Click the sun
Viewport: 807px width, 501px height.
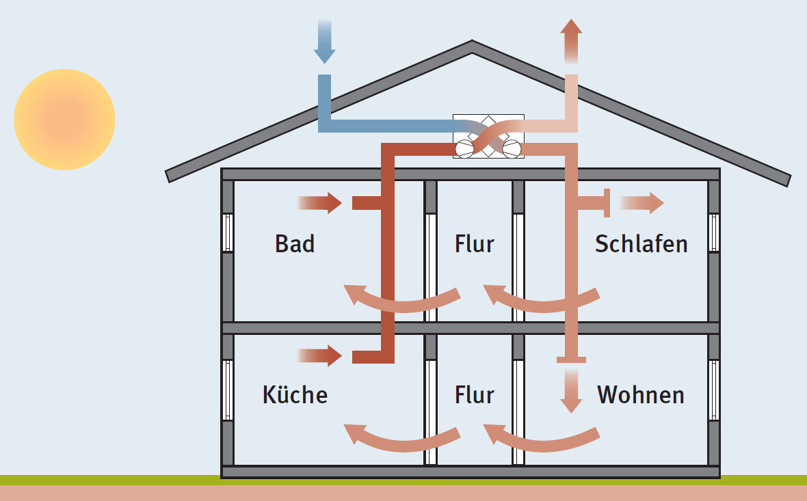64,120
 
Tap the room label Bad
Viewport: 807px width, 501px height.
295,244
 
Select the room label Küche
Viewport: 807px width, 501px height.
295,394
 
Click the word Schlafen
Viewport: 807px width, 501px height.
641,244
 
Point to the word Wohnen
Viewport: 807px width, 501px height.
641,394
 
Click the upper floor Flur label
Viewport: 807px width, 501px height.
474,244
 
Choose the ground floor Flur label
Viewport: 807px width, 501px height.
474,394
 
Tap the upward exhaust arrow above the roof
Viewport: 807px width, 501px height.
571,41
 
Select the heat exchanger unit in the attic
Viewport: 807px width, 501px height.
488,136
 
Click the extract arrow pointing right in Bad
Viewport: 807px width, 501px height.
320,203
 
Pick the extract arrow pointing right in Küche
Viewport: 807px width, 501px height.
320,355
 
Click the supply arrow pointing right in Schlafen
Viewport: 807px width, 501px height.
641,203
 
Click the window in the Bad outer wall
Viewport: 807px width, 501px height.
228,233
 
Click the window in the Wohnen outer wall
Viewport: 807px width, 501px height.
714,390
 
